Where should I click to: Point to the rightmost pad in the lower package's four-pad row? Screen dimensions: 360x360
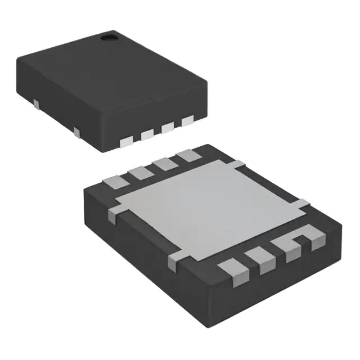click(183, 155)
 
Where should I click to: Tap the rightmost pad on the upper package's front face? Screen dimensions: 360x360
click(187, 120)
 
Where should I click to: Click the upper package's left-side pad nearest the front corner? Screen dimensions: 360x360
click(77, 133)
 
